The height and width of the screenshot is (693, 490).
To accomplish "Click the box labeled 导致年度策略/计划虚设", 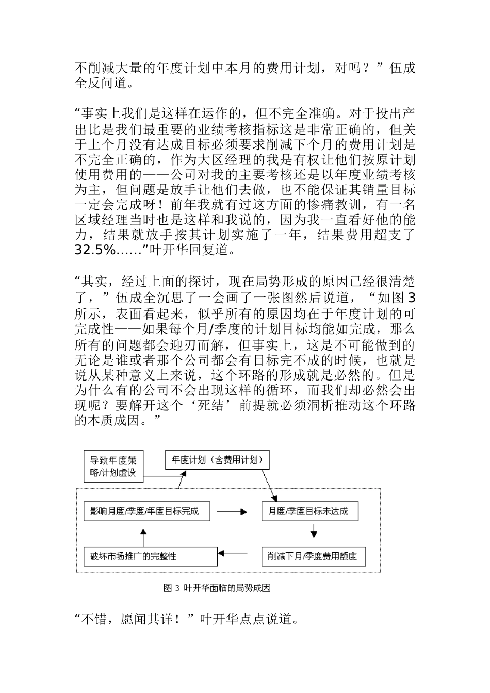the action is [113, 466].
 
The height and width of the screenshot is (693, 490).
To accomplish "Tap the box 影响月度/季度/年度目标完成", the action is [143, 512].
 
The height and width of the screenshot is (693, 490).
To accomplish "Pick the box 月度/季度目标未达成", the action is [309, 512].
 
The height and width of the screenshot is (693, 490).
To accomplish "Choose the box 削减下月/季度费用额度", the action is [313, 556].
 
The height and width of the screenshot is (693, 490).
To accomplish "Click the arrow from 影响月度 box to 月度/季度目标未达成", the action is [232, 512].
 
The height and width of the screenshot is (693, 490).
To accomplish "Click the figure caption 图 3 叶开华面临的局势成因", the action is [217, 588].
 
